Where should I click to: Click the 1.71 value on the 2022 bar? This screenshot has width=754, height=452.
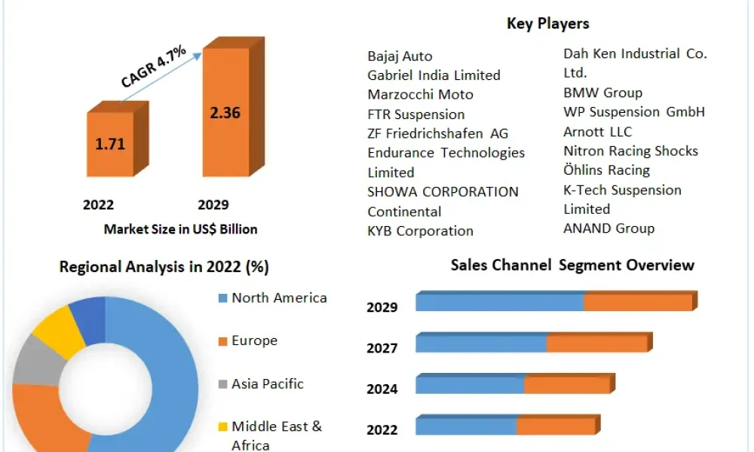(110, 144)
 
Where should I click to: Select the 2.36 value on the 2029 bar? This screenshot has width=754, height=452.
(225, 112)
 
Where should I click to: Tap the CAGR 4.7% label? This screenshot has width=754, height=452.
(153, 66)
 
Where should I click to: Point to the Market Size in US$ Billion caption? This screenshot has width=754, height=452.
(181, 229)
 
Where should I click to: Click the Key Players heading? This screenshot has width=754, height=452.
(547, 23)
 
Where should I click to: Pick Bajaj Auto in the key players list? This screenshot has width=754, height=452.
(400, 56)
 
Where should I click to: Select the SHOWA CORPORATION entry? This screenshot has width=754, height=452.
(443, 191)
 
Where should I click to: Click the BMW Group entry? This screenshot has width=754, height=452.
(602, 92)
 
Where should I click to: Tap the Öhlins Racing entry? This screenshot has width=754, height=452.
(606, 170)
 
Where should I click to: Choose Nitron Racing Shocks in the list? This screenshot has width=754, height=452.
(630, 151)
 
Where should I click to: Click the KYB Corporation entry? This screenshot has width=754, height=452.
(420, 231)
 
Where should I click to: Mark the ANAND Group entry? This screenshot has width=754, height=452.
(608, 228)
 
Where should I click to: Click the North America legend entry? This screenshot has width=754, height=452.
(273, 298)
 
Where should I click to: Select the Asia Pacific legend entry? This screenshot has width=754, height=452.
(261, 383)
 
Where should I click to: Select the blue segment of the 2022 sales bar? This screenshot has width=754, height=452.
(466, 426)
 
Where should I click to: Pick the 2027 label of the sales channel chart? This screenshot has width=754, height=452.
(382, 348)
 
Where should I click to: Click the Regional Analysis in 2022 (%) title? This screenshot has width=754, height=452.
(164, 267)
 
